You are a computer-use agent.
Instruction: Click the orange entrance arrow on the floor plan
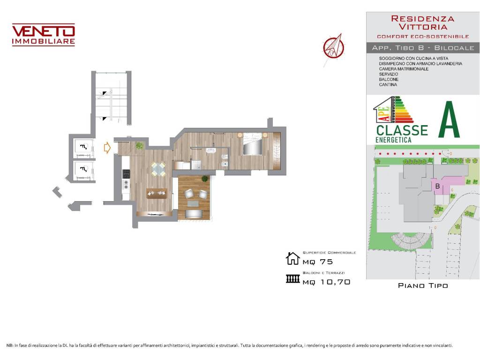pos(107,148)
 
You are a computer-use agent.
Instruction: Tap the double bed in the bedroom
pos(253,144)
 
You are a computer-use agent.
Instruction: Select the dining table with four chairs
pos(158,169)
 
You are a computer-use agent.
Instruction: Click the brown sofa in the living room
pos(157,194)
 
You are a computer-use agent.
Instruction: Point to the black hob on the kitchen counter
pos(126,174)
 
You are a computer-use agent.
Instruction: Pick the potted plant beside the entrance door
pos(140,146)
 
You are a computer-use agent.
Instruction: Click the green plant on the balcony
pos(205,179)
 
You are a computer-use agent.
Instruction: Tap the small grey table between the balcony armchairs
pos(193,203)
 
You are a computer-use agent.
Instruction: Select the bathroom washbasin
pos(210,150)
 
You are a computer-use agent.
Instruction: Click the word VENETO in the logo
pos(44,31)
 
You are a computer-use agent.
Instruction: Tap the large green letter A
pos(449,120)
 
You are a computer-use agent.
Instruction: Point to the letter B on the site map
pos(437,186)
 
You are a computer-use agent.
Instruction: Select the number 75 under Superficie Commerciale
pos(326,262)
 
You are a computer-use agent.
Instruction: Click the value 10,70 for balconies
pos(336,282)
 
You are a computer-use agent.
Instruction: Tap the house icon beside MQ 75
pos(292,258)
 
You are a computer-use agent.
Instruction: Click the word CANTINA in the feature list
pos(388,84)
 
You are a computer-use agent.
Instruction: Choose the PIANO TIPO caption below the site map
pos(423,285)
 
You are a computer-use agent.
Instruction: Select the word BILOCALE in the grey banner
pos(454,48)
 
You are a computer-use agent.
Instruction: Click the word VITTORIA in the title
pos(423,27)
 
